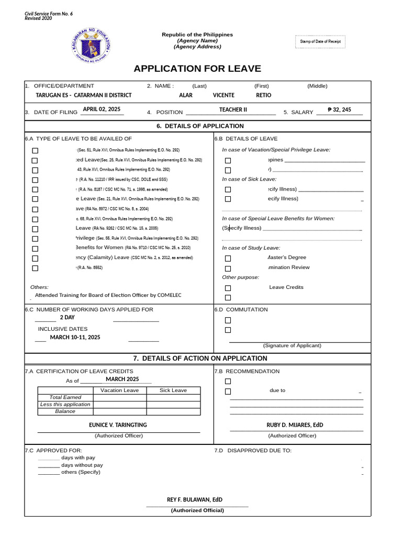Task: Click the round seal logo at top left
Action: (x=91, y=47)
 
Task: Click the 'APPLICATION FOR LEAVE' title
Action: (x=197, y=69)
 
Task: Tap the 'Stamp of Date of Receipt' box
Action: (x=320, y=41)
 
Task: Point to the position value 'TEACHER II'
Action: (x=233, y=109)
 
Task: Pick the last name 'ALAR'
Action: (x=186, y=95)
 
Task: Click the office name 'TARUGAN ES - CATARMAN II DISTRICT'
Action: (x=84, y=95)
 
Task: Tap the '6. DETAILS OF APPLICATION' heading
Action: (x=200, y=126)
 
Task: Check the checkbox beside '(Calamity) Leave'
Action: (x=35, y=258)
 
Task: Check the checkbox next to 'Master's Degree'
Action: (x=228, y=258)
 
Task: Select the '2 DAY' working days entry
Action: (x=67, y=318)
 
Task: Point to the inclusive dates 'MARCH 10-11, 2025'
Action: (x=75, y=338)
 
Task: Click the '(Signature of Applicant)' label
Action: (x=292, y=345)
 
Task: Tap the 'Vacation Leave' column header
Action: (x=119, y=390)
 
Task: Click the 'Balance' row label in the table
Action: (x=65, y=411)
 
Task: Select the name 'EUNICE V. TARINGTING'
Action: (x=118, y=425)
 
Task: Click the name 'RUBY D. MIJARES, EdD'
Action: (x=292, y=425)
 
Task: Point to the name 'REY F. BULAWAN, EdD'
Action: (x=195, y=500)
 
